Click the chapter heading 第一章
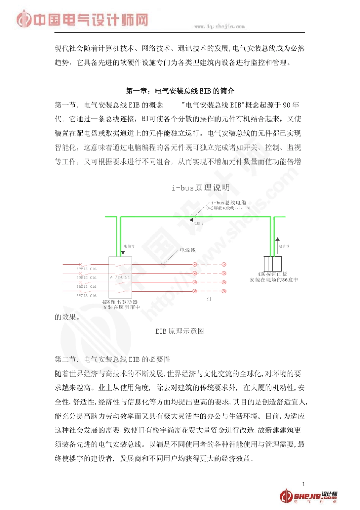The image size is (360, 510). pyautogui.click(x=180, y=91)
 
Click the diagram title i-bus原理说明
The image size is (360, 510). pyautogui.click(x=200, y=188)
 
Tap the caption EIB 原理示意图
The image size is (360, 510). pyautogui.click(x=180, y=331)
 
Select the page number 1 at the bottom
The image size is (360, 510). pyautogui.click(x=304, y=484)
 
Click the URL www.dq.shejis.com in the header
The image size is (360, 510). pyautogui.click(x=219, y=27)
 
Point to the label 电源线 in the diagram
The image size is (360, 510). pyautogui.click(x=188, y=250)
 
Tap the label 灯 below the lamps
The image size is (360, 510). pyautogui.click(x=209, y=299)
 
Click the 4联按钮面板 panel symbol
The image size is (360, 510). pyautogui.click(x=272, y=264)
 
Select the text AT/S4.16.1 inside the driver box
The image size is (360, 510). pyautogui.click(x=120, y=277)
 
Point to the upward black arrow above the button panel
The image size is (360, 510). pyautogui.click(x=277, y=240)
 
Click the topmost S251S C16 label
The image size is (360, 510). pyautogui.click(x=86, y=269)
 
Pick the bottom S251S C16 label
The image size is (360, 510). pyautogui.click(x=86, y=295)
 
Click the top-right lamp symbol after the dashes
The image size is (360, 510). pyautogui.click(x=224, y=264)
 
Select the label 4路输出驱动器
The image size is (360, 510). pyautogui.click(x=120, y=302)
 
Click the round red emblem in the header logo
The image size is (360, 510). pyautogui.click(x=24, y=19)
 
